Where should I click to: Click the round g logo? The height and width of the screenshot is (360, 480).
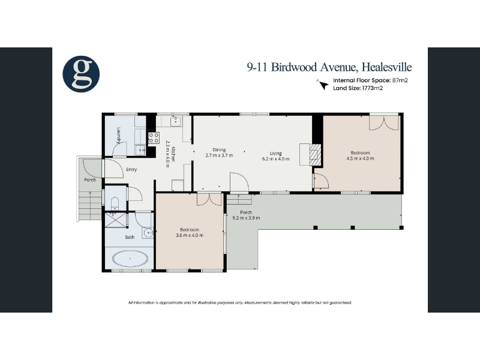[81, 74]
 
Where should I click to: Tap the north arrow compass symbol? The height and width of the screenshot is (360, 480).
[322, 85]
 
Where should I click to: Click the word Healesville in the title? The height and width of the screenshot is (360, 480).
[386, 67]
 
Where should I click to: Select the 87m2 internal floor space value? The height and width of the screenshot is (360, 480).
[400, 80]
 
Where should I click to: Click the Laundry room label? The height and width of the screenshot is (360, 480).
[119, 136]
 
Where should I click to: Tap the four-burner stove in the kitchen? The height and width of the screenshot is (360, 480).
[154, 137]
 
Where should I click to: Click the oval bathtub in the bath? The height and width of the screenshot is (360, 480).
[130, 259]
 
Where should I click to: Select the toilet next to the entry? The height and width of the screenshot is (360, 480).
[114, 203]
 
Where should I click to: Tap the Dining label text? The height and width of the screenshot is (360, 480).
[219, 149]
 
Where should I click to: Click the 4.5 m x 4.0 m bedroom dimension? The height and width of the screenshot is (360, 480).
[361, 158]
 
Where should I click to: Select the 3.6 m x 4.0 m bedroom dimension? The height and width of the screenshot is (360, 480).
[190, 235]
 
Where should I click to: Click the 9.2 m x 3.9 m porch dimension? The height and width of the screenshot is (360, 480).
[246, 218]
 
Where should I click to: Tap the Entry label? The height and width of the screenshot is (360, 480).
[131, 169]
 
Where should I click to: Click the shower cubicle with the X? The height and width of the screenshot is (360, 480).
[115, 220]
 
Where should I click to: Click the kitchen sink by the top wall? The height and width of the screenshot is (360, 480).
[176, 121]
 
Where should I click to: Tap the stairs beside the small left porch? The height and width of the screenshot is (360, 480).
[90, 205]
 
